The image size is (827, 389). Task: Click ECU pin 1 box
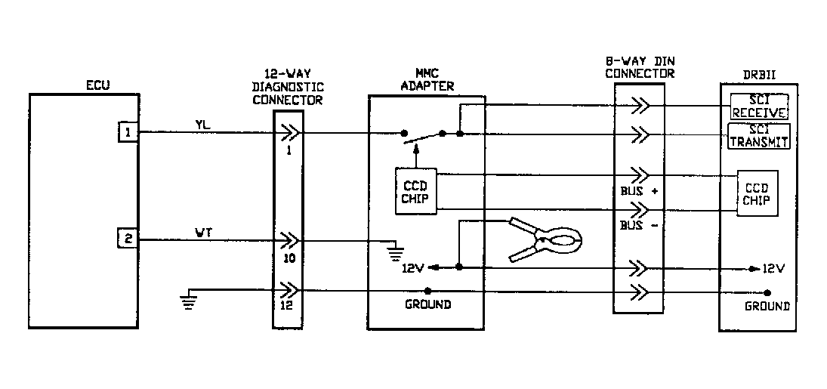[x=128, y=132]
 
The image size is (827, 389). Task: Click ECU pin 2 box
[x=128, y=239]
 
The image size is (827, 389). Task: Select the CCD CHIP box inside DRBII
[x=756, y=194]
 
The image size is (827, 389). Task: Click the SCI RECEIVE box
[x=760, y=107]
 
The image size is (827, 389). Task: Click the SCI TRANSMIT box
[x=760, y=135]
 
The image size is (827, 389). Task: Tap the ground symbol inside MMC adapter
[x=393, y=250]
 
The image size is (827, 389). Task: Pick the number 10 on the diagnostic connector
[x=289, y=258]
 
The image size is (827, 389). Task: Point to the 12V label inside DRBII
[x=773, y=268]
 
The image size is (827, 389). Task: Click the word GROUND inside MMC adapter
[x=427, y=304]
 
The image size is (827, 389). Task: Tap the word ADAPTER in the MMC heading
[x=428, y=86]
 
